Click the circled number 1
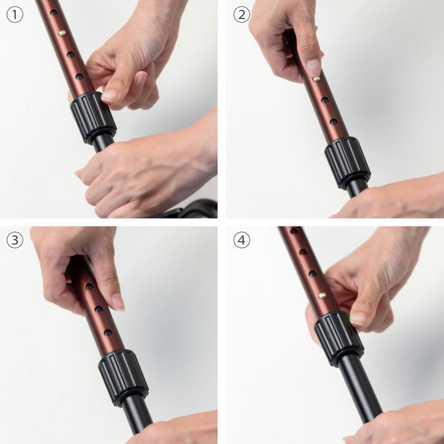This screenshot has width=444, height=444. [15, 15]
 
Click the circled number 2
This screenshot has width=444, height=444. [242, 15]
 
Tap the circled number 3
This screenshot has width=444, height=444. [15, 240]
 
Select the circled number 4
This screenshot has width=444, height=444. [242, 240]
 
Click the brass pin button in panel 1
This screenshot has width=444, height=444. [62, 33]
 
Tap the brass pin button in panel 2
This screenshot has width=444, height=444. [316, 78]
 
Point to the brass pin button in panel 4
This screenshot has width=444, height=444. [323, 295]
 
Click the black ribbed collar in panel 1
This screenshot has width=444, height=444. [93, 117]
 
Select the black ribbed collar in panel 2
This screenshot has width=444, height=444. [347, 163]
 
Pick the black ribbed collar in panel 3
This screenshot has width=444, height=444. [123, 378]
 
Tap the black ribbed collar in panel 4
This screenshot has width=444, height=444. [339, 339]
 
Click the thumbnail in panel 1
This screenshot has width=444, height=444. [110, 96]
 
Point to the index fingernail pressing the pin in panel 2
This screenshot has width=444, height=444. [314, 67]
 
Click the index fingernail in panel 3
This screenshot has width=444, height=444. [118, 302]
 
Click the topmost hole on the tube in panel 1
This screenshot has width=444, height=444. [54, 12]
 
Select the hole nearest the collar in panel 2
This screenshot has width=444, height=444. [334, 121]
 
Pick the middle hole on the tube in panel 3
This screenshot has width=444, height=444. [99, 309]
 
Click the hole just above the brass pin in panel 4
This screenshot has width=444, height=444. [313, 274]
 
